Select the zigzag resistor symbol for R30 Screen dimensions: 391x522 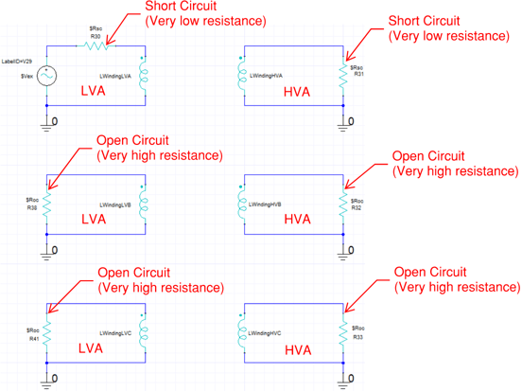click(x=96, y=44)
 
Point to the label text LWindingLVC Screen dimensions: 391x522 click(x=117, y=332)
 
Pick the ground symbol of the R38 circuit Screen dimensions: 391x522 click(x=47, y=250)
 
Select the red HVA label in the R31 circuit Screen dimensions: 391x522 click(x=297, y=91)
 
